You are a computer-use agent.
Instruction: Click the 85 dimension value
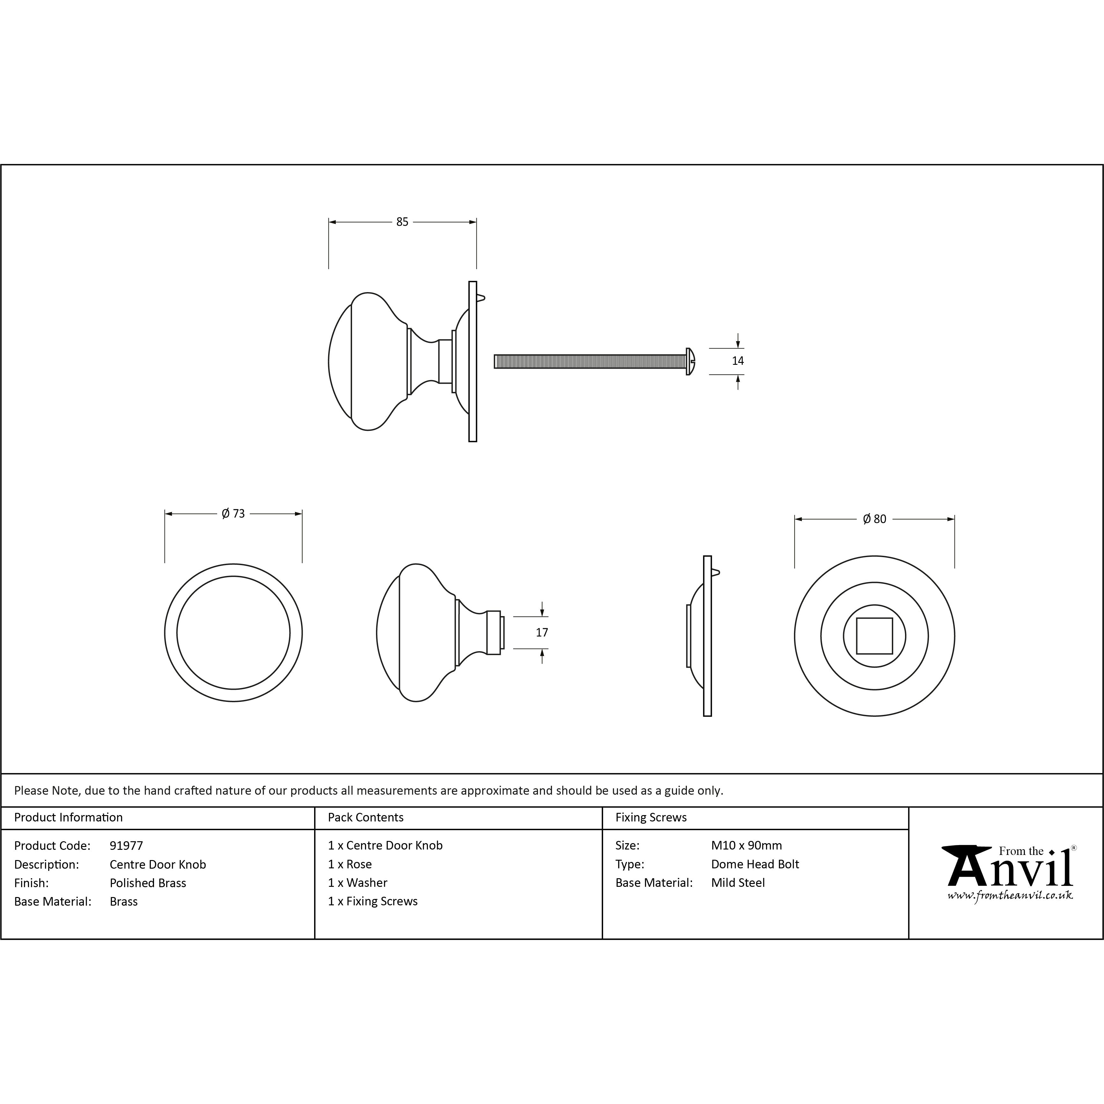click(402, 222)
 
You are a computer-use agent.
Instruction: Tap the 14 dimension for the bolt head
click(738, 361)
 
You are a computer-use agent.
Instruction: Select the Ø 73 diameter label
click(233, 514)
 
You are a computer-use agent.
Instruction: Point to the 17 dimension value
click(542, 633)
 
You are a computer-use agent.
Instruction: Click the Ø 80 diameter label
click(874, 519)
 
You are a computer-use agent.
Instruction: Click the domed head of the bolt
click(690, 361)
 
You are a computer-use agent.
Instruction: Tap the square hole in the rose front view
click(874, 636)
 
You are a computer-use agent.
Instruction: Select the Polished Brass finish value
click(148, 883)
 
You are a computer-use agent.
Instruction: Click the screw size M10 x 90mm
click(746, 845)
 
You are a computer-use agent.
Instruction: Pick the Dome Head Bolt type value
click(755, 864)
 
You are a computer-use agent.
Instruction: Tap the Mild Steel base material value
click(738, 883)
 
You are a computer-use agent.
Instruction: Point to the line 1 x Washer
click(358, 883)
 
